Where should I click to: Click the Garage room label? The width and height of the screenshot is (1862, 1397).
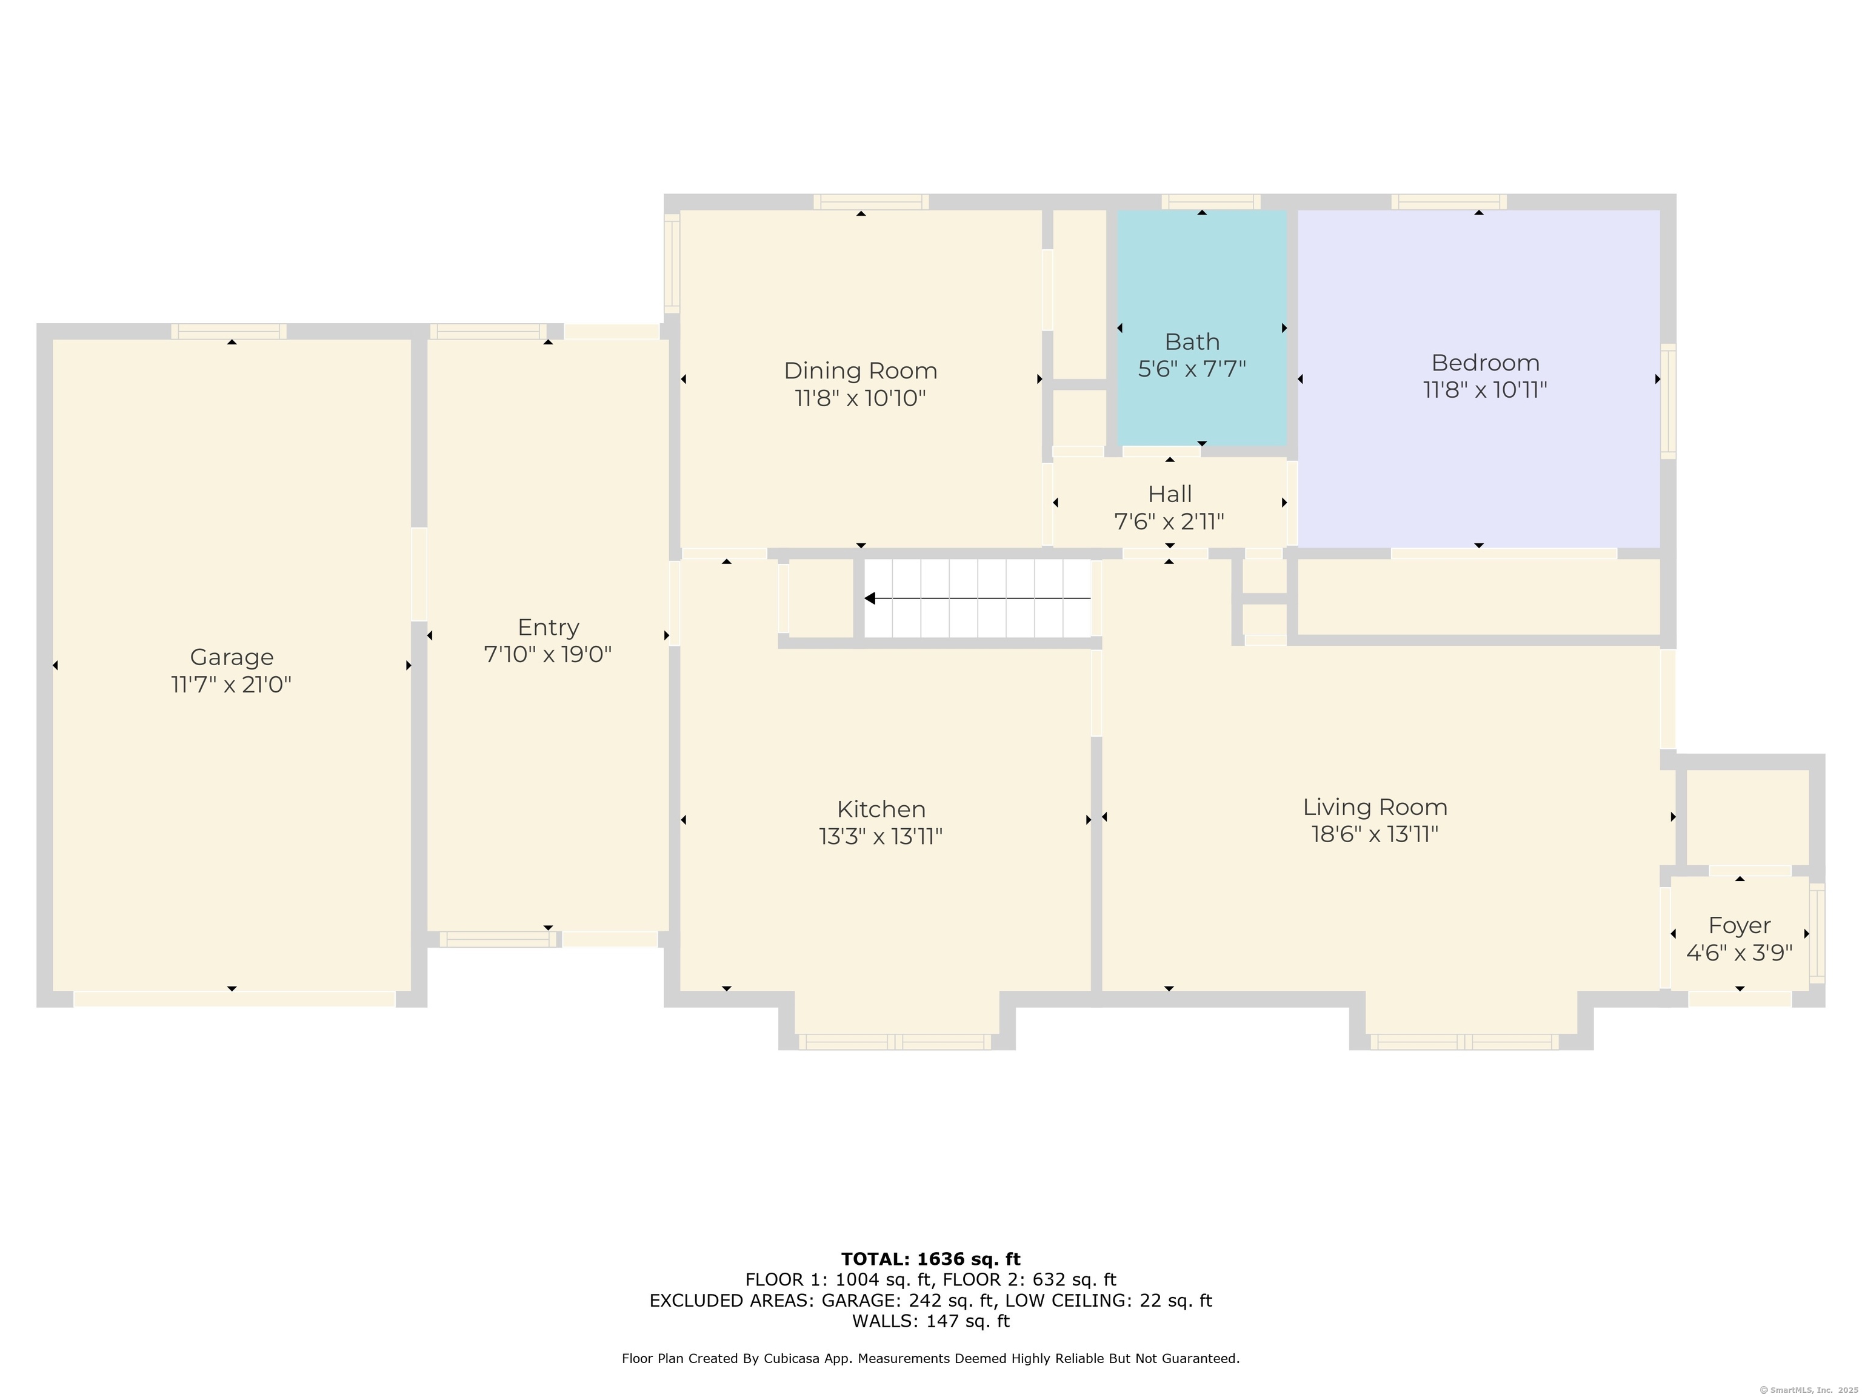point(232,657)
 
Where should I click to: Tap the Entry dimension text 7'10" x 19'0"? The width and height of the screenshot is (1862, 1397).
point(547,654)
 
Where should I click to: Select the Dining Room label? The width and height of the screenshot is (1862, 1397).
point(860,370)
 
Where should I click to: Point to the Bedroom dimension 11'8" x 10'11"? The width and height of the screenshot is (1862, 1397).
point(1485,390)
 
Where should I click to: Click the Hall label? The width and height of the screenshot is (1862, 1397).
point(1169,494)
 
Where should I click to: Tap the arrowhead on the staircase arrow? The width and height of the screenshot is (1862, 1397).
point(870,598)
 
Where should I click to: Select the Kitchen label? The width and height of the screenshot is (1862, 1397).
point(881,809)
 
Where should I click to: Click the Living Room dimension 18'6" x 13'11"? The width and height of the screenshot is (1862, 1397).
point(1375,834)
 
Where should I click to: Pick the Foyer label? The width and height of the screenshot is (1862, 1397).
point(1739,925)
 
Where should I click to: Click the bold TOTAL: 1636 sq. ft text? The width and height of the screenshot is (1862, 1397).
point(930,1259)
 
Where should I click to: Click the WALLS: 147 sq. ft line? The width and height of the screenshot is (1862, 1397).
point(930,1321)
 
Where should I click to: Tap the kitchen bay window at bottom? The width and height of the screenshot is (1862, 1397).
point(894,1042)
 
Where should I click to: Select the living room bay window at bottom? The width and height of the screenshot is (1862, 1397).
point(1464,1042)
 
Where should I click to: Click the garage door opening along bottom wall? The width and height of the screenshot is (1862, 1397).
point(234,999)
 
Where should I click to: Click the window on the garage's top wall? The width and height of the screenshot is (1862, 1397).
point(229,331)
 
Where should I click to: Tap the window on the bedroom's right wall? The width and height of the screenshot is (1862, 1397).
point(1667,401)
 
